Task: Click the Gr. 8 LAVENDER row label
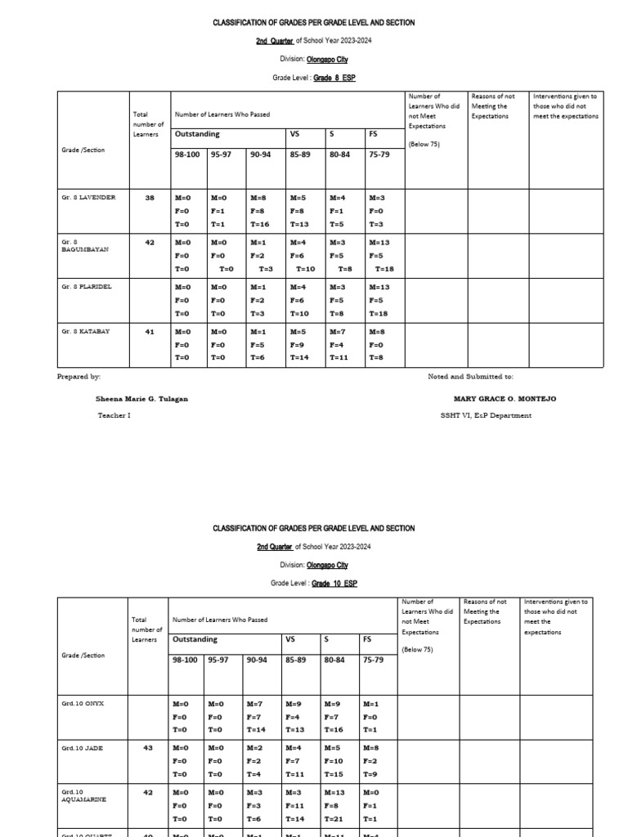click(88, 198)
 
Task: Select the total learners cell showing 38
click(150, 198)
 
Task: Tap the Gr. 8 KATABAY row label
click(85, 331)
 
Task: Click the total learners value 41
click(150, 331)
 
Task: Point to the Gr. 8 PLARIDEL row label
click(87, 287)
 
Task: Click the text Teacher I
click(114, 415)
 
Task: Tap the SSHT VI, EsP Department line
click(486, 415)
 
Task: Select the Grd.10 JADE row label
click(83, 748)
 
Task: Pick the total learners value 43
click(147, 748)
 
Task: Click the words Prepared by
click(78, 377)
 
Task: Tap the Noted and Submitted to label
click(470, 377)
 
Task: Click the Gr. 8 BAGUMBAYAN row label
click(84, 246)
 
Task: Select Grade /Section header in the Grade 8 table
click(83, 150)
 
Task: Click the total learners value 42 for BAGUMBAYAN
click(150, 242)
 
